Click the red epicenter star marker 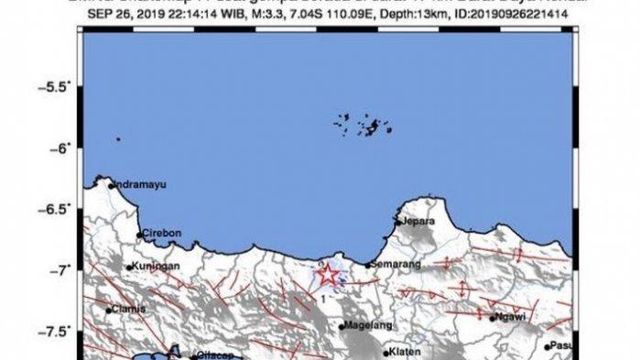(327, 274)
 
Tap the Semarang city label (396, 266)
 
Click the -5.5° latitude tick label (59, 87)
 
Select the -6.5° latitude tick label (59, 209)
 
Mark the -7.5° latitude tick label (59, 332)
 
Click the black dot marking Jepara (397, 222)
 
